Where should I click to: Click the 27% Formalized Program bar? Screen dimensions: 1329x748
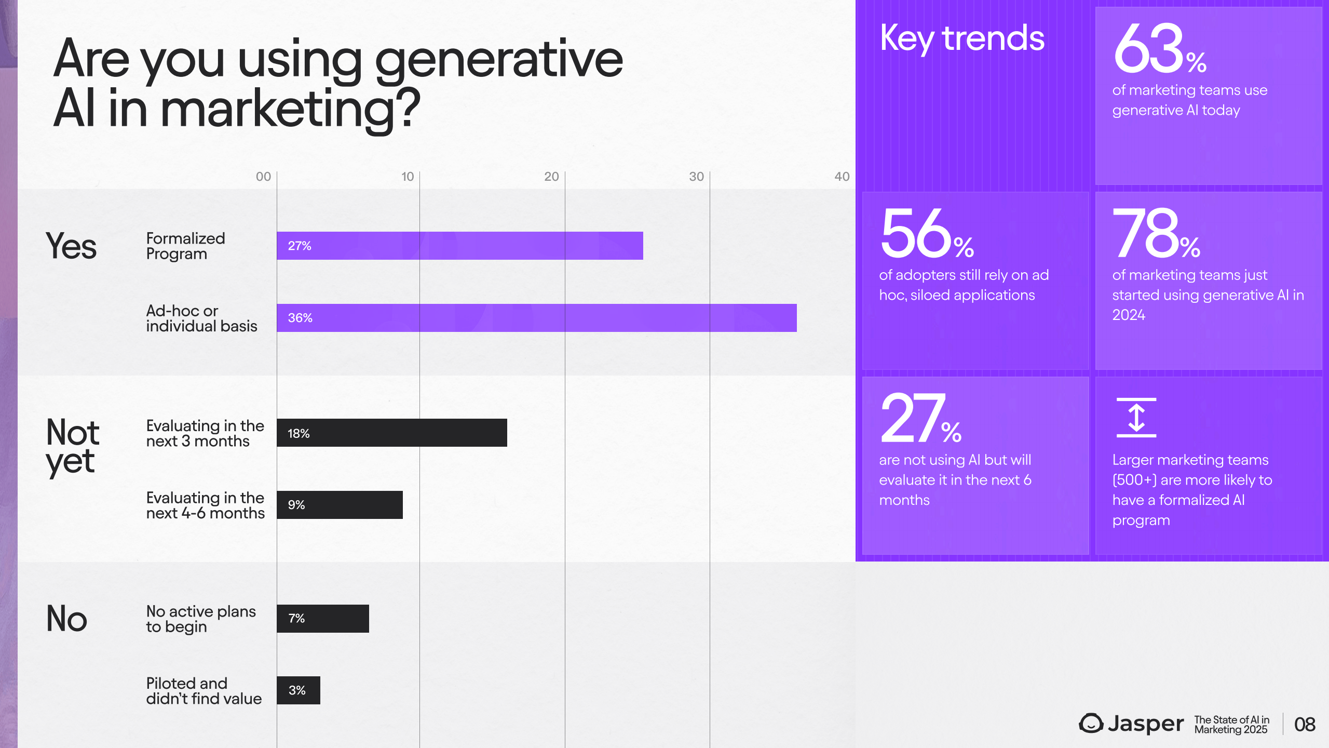pyautogui.click(x=460, y=246)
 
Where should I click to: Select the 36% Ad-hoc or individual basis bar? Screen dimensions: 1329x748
pyautogui.click(x=537, y=318)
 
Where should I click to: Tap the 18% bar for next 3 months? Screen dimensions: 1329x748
pyautogui.click(x=392, y=433)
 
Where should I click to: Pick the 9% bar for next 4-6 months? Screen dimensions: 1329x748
pyautogui.click(x=340, y=505)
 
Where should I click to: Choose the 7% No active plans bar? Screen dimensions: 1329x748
pyautogui.click(x=323, y=619)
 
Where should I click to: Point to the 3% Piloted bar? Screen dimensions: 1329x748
pyautogui.click(x=299, y=690)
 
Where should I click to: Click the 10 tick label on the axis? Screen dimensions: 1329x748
pyautogui.click(x=408, y=177)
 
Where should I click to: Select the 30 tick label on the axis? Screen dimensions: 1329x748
pyautogui.click(x=697, y=177)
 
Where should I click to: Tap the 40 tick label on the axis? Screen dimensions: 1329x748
pyautogui.click(x=842, y=177)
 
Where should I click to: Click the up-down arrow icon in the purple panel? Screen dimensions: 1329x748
pyautogui.click(x=1136, y=417)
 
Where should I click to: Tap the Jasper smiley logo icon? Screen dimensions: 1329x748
pyautogui.click(x=1091, y=723)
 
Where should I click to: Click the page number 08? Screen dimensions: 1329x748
pyautogui.click(x=1305, y=725)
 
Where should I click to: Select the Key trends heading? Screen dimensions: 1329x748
pyautogui.click(x=962, y=38)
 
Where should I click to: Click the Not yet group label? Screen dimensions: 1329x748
pyautogui.click(x=72, y=447)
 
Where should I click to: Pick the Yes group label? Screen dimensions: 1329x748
pyautogui.click(x=71, y=246)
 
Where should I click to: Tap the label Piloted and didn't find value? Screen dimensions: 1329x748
pyautogui.click(x=204, y=691)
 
